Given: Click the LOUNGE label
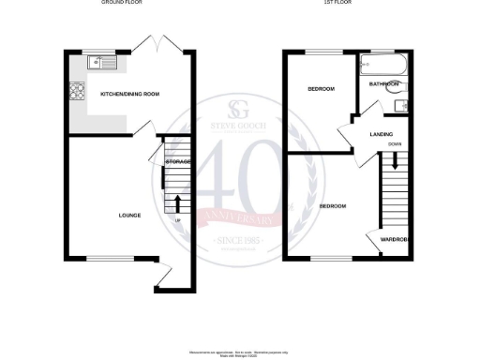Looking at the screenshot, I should pyautogui.click(x=129, y=216).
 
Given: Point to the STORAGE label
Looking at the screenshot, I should pyautogui.click(x=178, y=162).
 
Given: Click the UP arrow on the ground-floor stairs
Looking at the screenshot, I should pyautogui.click(x=178, y=202).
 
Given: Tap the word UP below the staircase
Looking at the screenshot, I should pyautogui.click(x=178, y=221).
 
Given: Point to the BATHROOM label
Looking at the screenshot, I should pyautogui.click(x=384, y=84).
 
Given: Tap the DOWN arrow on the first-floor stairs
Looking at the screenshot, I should pyautogui.click(x=395, y=159).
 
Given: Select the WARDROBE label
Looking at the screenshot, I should pyautogui.click(x=394, y=240).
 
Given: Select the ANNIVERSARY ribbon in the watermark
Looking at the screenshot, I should pyautogui.click(x=239, y=218).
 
